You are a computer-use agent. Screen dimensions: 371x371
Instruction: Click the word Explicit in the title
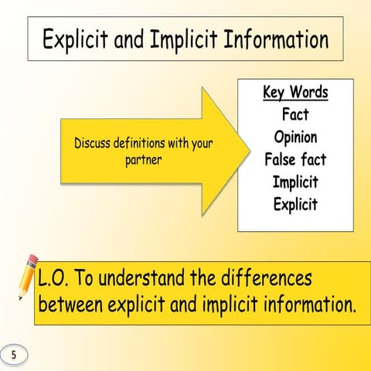75,39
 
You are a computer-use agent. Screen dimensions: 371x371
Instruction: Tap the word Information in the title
276,39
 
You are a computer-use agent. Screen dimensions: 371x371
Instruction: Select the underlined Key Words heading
295,92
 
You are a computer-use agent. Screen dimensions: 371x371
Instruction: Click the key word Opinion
295,137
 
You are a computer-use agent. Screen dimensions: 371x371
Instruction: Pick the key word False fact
295,159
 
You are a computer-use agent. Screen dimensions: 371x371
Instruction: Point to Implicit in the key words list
295,182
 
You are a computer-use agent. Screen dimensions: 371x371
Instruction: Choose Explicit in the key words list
295,204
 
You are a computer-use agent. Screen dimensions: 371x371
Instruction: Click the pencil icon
28,277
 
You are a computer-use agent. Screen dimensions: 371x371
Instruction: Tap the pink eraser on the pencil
33,260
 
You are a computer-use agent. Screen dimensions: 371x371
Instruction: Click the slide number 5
14,355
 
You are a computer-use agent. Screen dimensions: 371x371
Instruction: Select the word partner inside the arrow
144,160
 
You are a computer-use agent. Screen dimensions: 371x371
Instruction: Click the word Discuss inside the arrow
92,143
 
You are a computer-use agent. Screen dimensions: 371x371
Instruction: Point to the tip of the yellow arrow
250,151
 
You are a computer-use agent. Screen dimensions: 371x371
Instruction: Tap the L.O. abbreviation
53,277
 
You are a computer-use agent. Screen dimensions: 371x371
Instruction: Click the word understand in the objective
141,277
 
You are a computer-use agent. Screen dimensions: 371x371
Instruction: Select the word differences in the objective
267,277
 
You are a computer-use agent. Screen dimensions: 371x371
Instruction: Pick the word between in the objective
70,304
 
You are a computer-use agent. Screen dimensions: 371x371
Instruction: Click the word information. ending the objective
310,304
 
